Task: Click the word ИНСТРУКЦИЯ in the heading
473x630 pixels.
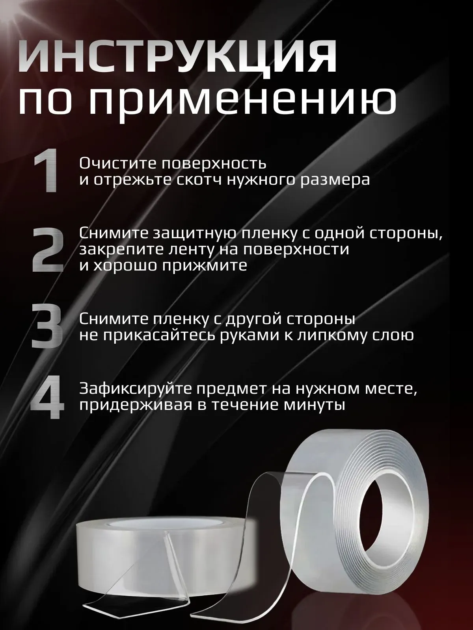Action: [177, 60]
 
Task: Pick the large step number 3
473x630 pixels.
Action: [47, 327]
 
